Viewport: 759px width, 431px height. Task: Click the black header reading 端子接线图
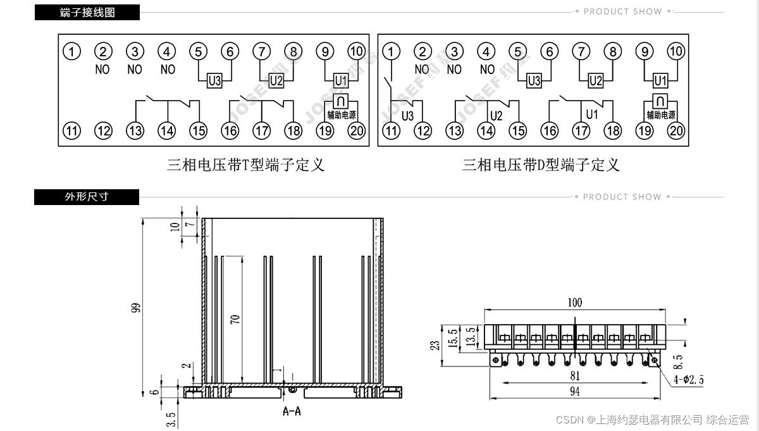[x=87, y=12]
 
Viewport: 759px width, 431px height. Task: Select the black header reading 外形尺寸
[x=87, y=197]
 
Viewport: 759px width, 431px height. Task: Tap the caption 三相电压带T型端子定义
[x=245, y=165]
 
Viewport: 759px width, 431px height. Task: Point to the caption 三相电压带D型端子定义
[x=541, y=165]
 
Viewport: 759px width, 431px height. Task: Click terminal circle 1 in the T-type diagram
[x=73, y=51]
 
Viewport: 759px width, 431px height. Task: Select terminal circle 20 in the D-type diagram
[x=676, y=130]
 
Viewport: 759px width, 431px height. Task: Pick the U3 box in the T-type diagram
[x=214, y=81]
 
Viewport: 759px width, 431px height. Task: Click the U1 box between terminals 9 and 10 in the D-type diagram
[x=660, y=81]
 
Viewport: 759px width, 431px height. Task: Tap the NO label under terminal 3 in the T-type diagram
[x=135, y=70]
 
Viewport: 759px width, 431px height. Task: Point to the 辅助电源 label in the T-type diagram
[x=342, y=115]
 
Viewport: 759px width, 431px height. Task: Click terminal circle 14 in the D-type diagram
[x=486, y=130]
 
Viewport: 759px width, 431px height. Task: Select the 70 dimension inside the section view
[x=235, y=318]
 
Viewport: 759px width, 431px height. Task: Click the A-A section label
[x=292, y=412]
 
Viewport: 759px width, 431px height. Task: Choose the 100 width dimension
[x=574, y=303]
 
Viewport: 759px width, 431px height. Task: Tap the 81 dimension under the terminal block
[x=574, y=375]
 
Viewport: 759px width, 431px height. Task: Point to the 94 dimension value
[x=574, y=391]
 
